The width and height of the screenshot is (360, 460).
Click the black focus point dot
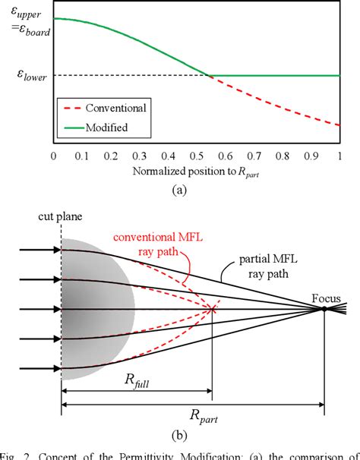325,309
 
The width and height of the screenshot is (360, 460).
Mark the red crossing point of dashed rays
212,309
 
